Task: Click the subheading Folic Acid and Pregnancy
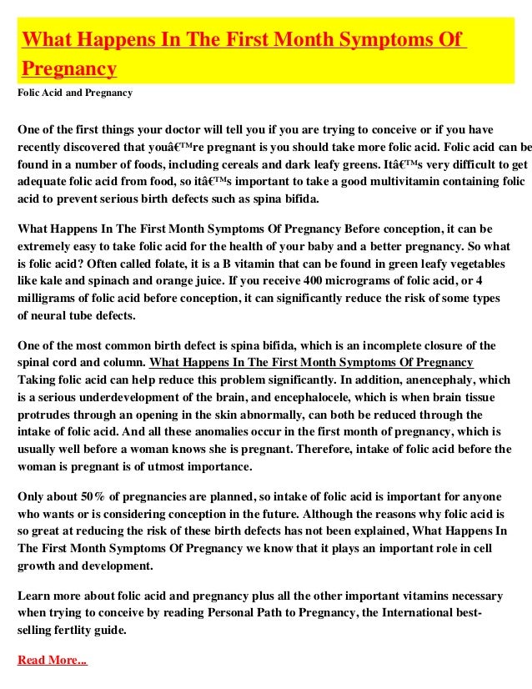point(75,92)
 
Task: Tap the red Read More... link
point(52,660)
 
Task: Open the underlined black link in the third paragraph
point(311,361)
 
